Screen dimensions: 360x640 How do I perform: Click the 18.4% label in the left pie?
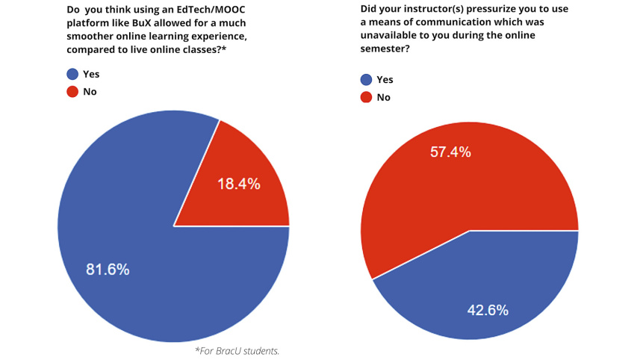click(238, 184)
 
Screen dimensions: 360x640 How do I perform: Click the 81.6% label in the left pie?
click(108, 270)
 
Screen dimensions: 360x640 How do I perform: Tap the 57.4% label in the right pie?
click(450, 152)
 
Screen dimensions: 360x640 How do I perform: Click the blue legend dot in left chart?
click(72, 74)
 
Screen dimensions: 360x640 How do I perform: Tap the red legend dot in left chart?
click(72, 92)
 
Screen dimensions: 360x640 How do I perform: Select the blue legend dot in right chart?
click(366, 80)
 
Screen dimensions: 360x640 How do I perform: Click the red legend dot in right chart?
click(366, 97)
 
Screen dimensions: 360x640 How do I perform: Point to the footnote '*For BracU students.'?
click(237, 350)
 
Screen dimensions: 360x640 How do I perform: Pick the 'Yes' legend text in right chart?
click(385, 80)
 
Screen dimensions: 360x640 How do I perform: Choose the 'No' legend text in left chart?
click(90, 92)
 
